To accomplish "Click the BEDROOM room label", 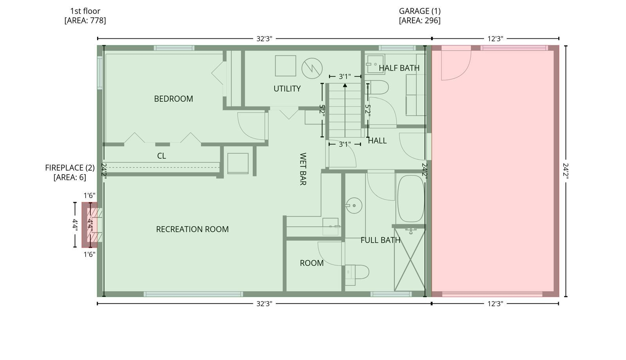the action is point(173,99).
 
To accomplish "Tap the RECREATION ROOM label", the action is point(192,229).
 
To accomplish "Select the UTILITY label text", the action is point(287,89).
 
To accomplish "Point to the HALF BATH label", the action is point(399,68).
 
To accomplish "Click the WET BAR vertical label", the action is point(303,169).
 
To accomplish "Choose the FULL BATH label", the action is point(380,240).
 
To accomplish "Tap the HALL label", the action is point(377,141).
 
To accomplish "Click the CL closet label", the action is point(162,156).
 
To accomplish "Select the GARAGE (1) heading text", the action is point(420,11).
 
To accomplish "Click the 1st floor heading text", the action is point(85,11).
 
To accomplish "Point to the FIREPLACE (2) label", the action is point(70,168).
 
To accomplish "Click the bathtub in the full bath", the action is point(411,199).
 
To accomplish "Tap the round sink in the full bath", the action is point(354,206).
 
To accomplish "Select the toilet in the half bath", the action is point(377,88).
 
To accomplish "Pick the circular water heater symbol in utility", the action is point(312,68).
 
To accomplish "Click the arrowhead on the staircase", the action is point(345,85).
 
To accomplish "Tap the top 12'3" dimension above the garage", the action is point(495,39).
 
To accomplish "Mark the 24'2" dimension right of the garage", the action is point(566,171).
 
